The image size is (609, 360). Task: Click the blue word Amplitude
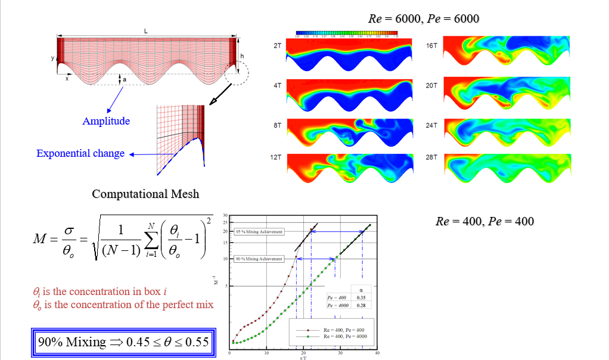click(106, 121)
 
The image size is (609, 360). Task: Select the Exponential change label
click(80, 153)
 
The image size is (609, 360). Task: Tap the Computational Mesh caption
click(145, 194)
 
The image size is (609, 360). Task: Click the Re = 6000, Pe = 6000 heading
click(424, 19)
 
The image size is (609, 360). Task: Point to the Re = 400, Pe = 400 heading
click(485, 221)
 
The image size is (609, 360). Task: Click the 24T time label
click(432, 125)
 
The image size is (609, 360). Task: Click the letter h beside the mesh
click(242, 55)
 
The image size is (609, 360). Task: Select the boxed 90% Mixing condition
click(122, 342)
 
